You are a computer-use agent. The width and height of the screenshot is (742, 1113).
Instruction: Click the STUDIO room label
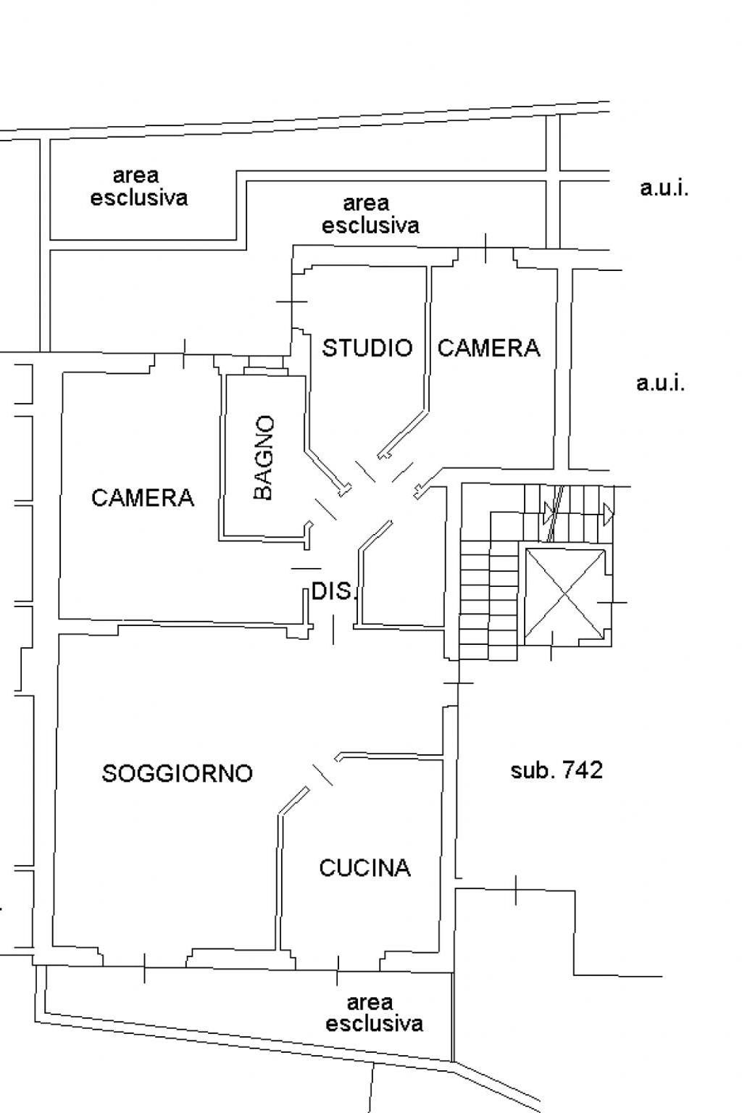click(x=367, y=348)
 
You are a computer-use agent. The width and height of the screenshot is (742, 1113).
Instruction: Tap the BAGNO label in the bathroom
click(x=264, y=458)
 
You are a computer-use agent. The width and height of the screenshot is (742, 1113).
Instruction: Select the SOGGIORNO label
click(x=178, y=773)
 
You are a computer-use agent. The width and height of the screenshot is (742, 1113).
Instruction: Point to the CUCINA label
click(x=364, y=867)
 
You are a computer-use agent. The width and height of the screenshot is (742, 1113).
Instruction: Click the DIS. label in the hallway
click(x=334, y=591)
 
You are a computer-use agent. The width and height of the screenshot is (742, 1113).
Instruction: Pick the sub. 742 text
click(x=556, y=770)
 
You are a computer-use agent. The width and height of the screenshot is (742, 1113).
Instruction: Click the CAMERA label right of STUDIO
click(x=488, y=348)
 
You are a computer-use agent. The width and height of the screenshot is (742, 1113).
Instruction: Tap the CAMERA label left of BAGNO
click(x=143, y=497)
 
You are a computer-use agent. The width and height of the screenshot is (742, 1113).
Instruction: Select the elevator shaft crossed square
click(x=565, y=593)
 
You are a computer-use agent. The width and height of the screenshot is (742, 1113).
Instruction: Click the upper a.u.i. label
click(x=664, y=188)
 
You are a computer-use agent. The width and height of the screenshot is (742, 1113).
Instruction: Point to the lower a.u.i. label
click(x=661, y=383)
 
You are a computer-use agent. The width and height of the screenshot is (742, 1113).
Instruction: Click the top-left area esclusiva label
click(x=138, y=187)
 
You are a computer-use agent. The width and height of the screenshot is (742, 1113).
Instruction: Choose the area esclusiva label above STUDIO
click(x=370, y=214)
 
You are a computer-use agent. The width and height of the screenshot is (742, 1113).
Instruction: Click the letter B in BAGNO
click(x=264, y=492)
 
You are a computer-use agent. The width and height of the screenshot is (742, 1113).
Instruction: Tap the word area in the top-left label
click(x=136, y=176)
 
